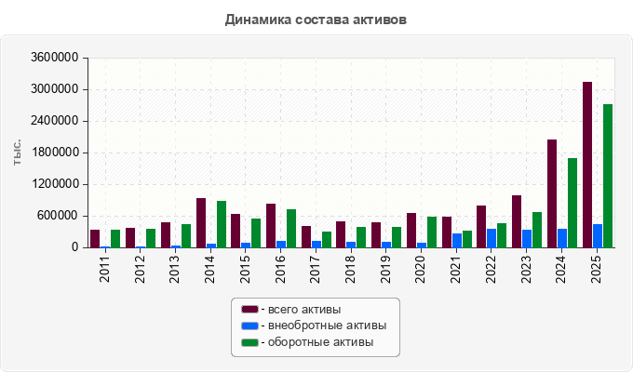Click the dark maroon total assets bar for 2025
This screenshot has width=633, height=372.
click(587, 165)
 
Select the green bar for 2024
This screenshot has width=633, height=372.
click(572, 203)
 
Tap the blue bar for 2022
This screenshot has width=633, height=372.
click(492, 238)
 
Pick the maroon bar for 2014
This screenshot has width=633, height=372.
click(201, 222)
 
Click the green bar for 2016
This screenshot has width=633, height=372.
click(291, 229)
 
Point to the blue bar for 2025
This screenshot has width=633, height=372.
click(598, 236)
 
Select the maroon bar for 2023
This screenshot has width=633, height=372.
click(517, 221)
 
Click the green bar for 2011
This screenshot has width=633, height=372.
click(115, 239)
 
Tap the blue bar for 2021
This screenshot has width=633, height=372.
click(457, 241)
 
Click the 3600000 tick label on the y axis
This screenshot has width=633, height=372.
click(55, 58)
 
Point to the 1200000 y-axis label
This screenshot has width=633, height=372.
click(55, 184)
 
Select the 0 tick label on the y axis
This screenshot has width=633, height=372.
click(75, 247)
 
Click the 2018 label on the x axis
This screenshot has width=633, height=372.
click(350, 269)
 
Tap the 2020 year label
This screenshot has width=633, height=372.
click(421, 269)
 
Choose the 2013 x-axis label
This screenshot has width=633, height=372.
click(174, 269)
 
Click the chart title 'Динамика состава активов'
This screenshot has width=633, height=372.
click(316, 20)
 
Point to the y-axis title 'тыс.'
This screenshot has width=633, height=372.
click(17, 153)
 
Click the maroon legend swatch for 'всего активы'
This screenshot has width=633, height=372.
click(249, 310)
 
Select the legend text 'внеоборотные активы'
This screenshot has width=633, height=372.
click(328, 325)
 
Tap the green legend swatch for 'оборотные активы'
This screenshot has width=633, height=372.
click(249, 342)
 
